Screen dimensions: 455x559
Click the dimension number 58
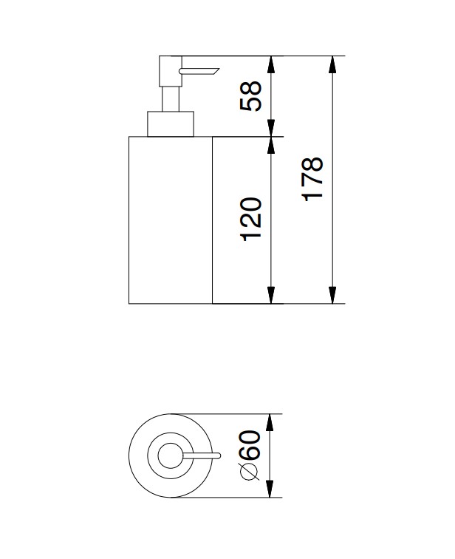251,96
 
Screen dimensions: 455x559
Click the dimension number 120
251,220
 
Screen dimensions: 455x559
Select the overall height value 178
312,180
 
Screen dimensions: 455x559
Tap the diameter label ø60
250,455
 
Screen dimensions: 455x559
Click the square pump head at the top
171,71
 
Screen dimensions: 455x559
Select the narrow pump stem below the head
171,99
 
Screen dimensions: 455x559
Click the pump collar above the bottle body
171,124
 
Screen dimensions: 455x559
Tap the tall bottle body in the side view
171,220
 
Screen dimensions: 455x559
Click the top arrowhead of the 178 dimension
332,64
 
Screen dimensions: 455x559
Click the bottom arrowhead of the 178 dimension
332,295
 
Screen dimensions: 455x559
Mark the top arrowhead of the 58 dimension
271,64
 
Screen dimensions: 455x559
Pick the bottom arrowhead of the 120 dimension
271,295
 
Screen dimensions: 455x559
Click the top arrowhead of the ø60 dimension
270,422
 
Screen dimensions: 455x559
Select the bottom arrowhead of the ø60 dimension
270,489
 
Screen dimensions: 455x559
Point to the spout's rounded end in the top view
219,455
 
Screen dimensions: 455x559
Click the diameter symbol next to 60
250,471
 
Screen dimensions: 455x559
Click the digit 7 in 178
312,180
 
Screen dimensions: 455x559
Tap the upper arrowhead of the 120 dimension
271,145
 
